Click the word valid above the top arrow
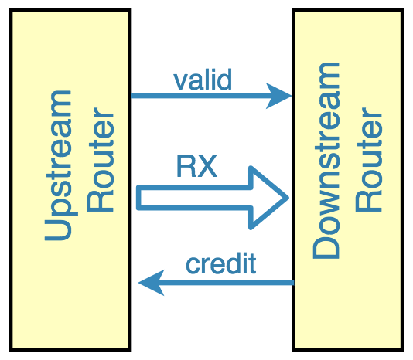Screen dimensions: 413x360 point(203,80)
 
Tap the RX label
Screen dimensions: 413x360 point(197,166)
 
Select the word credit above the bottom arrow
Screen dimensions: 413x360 point(220,263)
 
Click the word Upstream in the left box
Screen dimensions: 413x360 point(59,165)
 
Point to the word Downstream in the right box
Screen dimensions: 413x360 point(326,161)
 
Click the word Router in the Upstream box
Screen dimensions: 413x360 point(101,159)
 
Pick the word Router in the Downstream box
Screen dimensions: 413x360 point(369,159)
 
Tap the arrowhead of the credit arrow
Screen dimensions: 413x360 point(151,283)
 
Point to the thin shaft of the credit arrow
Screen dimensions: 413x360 point(228,283)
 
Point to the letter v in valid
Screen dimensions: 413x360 point(181,83)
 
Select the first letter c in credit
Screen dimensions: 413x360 point(193,267)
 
